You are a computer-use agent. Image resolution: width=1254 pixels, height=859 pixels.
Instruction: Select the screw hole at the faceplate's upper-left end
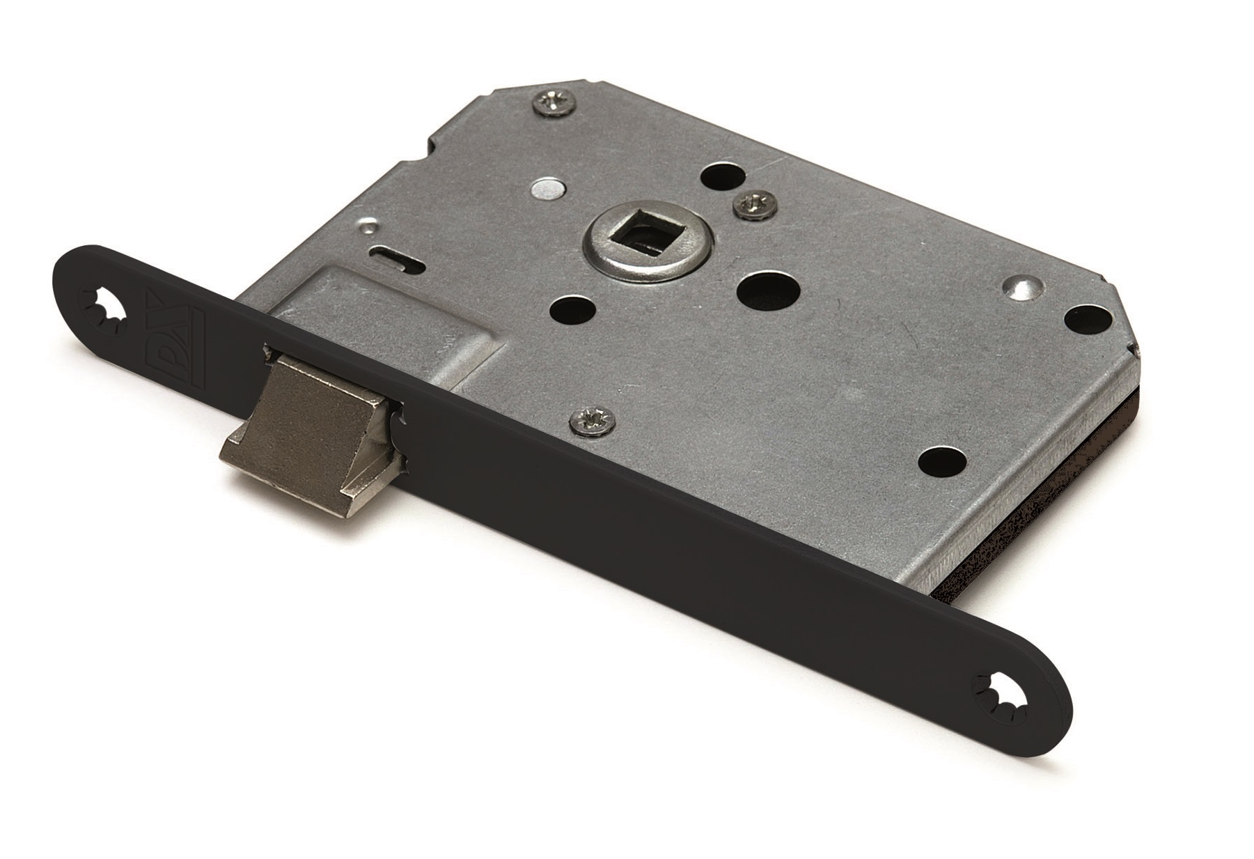106,307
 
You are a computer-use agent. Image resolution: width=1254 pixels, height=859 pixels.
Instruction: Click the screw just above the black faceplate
588,420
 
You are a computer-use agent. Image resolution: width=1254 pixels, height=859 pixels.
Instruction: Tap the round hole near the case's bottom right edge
943,460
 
